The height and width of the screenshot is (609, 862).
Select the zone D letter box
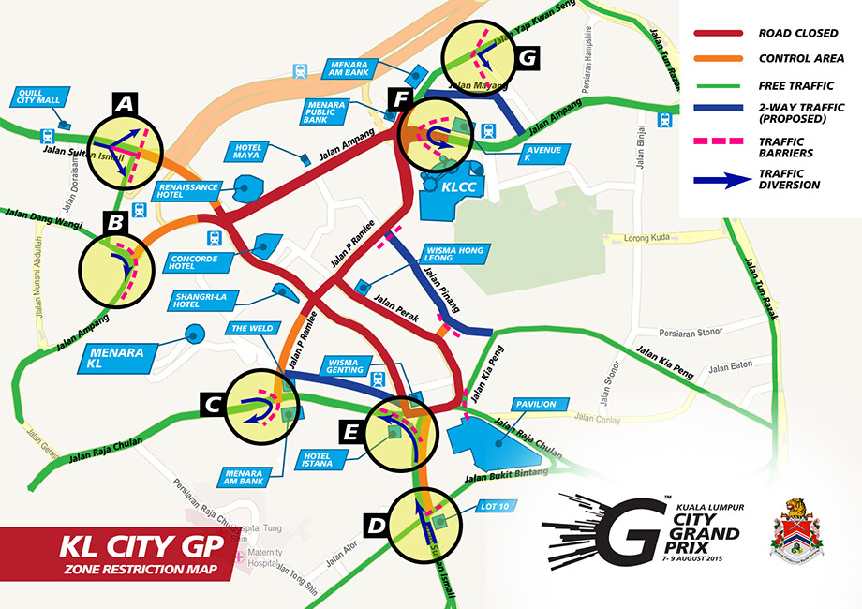tap(376, 527)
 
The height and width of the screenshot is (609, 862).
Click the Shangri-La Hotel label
tap(199, 300)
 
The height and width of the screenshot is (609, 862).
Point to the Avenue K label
tap(542, 154)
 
